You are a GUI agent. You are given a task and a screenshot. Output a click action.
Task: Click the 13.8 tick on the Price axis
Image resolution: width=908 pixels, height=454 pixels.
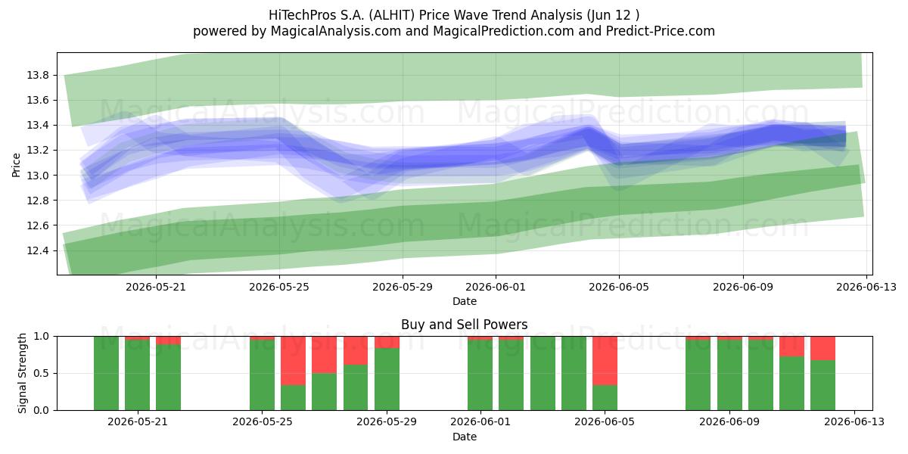pos(38,76)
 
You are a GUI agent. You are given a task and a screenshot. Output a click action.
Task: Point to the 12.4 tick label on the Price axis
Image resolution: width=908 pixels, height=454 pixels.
pos(38,251)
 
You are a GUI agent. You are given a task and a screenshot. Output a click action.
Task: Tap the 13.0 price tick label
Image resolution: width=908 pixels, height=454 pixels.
pos(38,176)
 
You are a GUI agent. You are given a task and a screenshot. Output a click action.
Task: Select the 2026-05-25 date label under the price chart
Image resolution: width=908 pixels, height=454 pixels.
pos(279,287)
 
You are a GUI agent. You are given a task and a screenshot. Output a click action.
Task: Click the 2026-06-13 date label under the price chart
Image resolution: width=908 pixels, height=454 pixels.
pos(866,287)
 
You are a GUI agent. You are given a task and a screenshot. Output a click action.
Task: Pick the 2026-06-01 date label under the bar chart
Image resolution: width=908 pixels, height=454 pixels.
pos(480,422)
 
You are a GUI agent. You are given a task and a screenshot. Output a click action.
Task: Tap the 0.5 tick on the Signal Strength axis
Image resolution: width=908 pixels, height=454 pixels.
pos(41,373)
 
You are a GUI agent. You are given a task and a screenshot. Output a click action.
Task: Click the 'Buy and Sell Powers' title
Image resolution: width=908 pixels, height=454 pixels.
pos(464,325)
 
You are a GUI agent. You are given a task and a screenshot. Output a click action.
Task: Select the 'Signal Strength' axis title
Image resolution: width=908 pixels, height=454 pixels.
pos(22,373)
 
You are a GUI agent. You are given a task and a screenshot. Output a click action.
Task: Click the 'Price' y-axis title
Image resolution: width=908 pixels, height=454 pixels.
pos(16,165)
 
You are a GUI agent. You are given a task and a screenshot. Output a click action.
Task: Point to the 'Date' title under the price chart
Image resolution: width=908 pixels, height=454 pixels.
pos(465,301)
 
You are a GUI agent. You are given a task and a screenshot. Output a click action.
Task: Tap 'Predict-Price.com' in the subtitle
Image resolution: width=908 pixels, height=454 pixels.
pos(661,31)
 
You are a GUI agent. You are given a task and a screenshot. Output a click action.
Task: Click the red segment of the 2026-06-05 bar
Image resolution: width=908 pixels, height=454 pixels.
pos(605,361)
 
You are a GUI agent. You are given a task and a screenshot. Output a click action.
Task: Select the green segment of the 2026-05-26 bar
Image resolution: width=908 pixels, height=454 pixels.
pos(293,398)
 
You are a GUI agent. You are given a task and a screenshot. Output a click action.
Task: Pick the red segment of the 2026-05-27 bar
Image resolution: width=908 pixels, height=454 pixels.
pos(325,355)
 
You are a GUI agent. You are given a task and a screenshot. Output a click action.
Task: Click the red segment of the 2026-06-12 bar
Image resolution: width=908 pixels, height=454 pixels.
pos(823,348)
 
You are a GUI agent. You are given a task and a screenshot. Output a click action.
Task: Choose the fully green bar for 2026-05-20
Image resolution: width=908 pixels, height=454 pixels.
pos(106,373)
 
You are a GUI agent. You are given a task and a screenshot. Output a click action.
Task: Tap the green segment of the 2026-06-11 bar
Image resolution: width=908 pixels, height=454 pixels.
pos(791,384)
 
